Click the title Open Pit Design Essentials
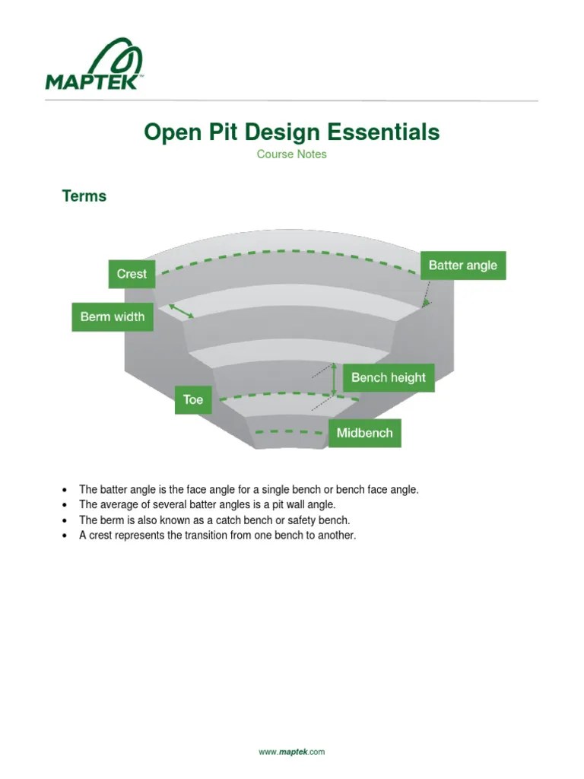click(x=291, y=132)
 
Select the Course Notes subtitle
click(x=291, y=154)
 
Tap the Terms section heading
click(x=84, y=196)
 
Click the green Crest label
click(x=132, y=274)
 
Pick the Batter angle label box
click(x=462, y=265)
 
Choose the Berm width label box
click(x=113, y=316)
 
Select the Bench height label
click(x=389, y=377)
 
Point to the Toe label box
click(x=193, y=399)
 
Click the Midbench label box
click(x=364, y=433)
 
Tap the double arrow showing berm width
click(x=181, y=310)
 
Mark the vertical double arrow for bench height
click(x=334, y=379)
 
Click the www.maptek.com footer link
click(x=291, y=752)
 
